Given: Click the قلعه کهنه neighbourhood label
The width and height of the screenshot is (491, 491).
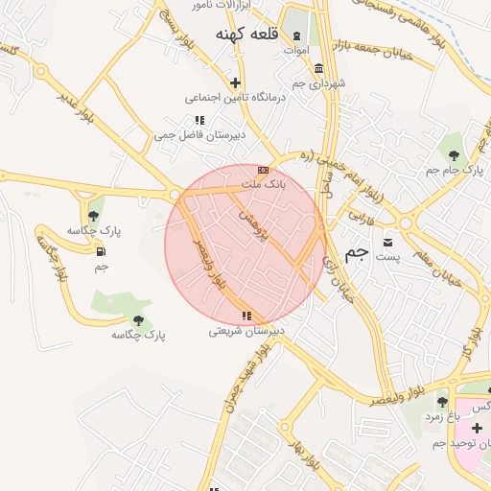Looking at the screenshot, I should tap(246, 35).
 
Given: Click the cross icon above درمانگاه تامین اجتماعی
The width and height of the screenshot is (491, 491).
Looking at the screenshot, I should tap(235, 82).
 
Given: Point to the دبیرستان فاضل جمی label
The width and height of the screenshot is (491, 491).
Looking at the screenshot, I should tap(200, 135).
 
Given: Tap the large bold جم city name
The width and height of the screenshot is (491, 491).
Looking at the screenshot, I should tap(357, 253).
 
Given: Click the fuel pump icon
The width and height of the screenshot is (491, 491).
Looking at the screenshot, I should tap(102, 251).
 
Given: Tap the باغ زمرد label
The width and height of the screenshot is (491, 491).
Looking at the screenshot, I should tap(442, 417).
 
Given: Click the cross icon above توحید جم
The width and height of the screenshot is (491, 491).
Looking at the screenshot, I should tap(477, 427).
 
